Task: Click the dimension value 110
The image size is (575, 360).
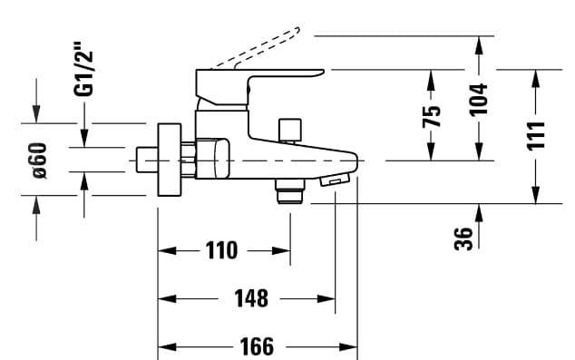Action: (223, 250)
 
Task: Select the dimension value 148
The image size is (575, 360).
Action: (251, 298)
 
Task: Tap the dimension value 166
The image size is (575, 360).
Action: (258, 346)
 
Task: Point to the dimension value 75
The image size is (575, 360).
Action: (434, 115)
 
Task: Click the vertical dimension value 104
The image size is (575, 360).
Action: (480, 99)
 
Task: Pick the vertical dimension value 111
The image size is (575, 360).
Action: (537, 135)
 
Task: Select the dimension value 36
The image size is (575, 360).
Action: (464, 238)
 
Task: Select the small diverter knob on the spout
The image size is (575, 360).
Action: (291, 130)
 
